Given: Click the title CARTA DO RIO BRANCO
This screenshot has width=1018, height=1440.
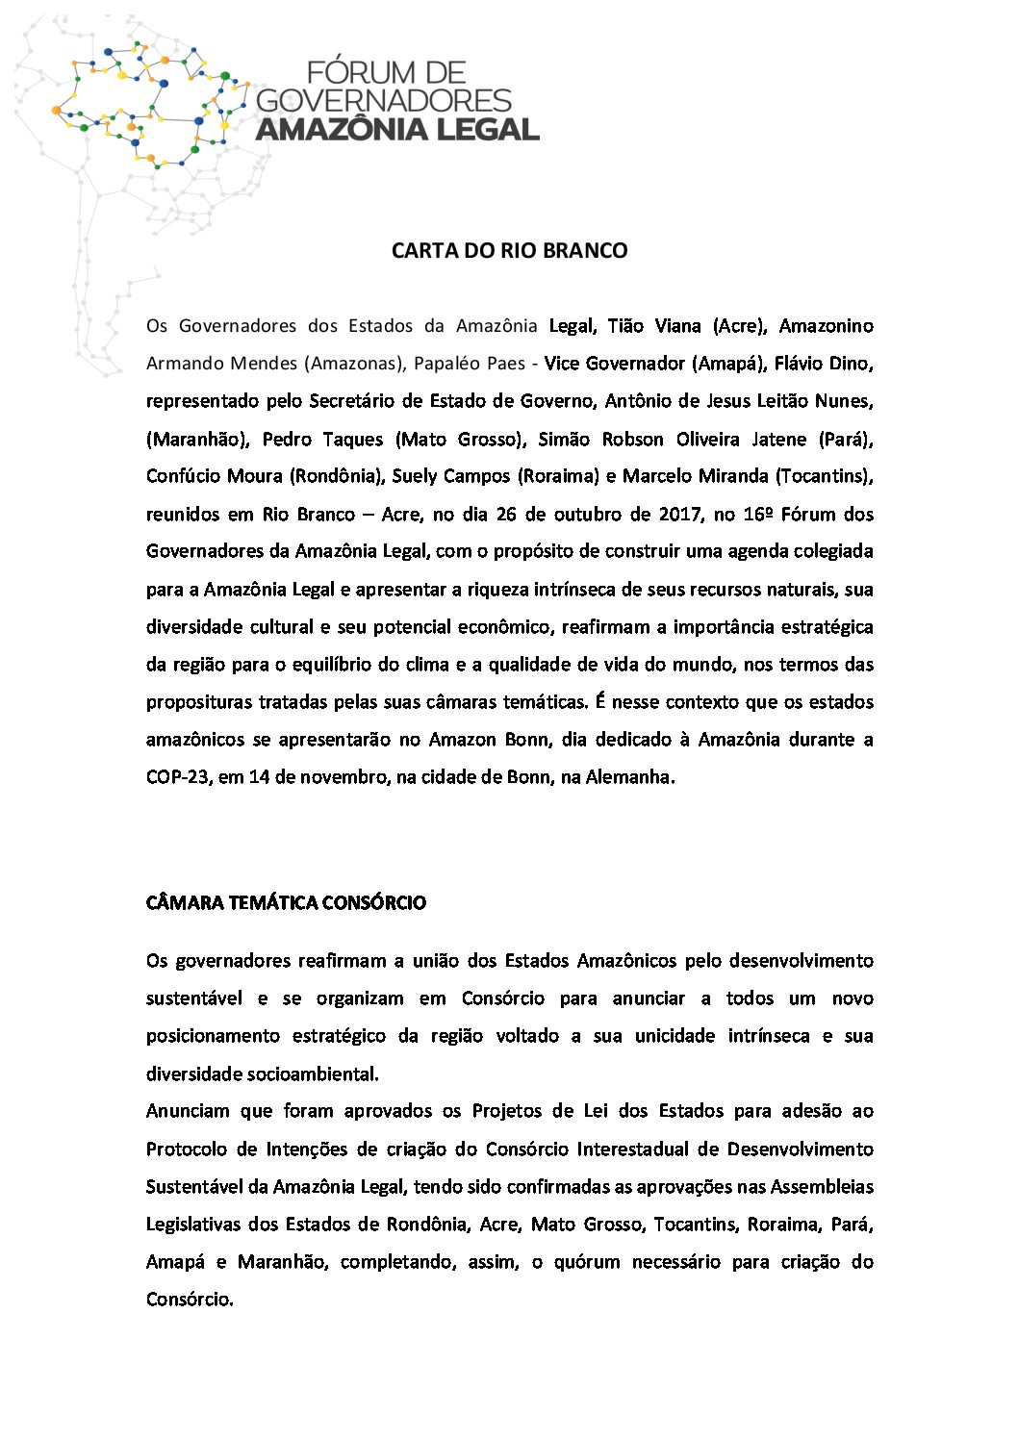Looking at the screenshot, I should click(509, 251).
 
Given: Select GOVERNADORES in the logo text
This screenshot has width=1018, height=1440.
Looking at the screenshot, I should click(386, 100).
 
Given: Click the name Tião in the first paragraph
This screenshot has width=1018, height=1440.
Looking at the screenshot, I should click(626, 326).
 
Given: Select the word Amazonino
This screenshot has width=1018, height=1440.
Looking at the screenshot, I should click(826, 326).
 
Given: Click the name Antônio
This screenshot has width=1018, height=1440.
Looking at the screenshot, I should click(639, 401).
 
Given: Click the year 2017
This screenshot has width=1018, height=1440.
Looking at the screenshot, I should click(679, 514).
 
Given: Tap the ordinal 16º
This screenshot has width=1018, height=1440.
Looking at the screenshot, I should click(759, 514).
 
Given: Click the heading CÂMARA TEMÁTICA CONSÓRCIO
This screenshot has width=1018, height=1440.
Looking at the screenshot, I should click(286, 903).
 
